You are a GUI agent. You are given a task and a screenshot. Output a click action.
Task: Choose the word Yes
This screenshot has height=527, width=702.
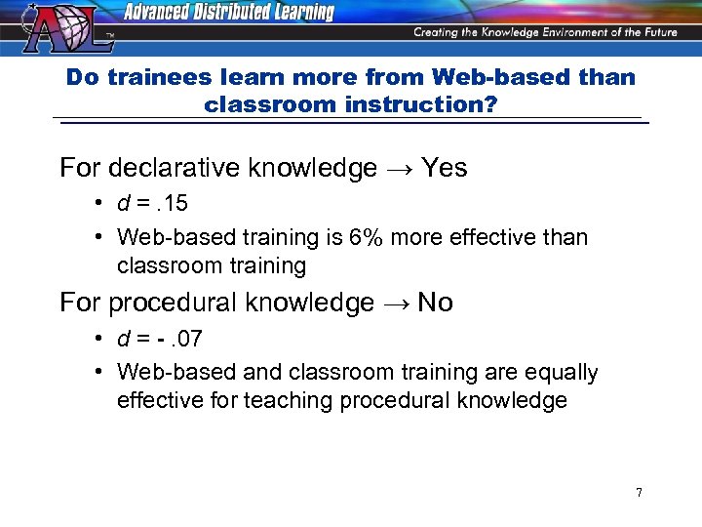coord(445,168)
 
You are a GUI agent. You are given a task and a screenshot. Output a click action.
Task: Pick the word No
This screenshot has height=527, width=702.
coord(435,303)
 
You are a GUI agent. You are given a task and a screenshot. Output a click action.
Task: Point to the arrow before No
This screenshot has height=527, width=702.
coord(394,304)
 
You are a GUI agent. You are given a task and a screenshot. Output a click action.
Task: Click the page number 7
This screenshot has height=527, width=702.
coord(639,492)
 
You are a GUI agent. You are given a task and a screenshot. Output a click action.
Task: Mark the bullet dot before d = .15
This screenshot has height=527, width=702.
coord(100,205)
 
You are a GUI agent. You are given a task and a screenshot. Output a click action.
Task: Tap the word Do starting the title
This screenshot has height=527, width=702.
coord(82,77)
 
